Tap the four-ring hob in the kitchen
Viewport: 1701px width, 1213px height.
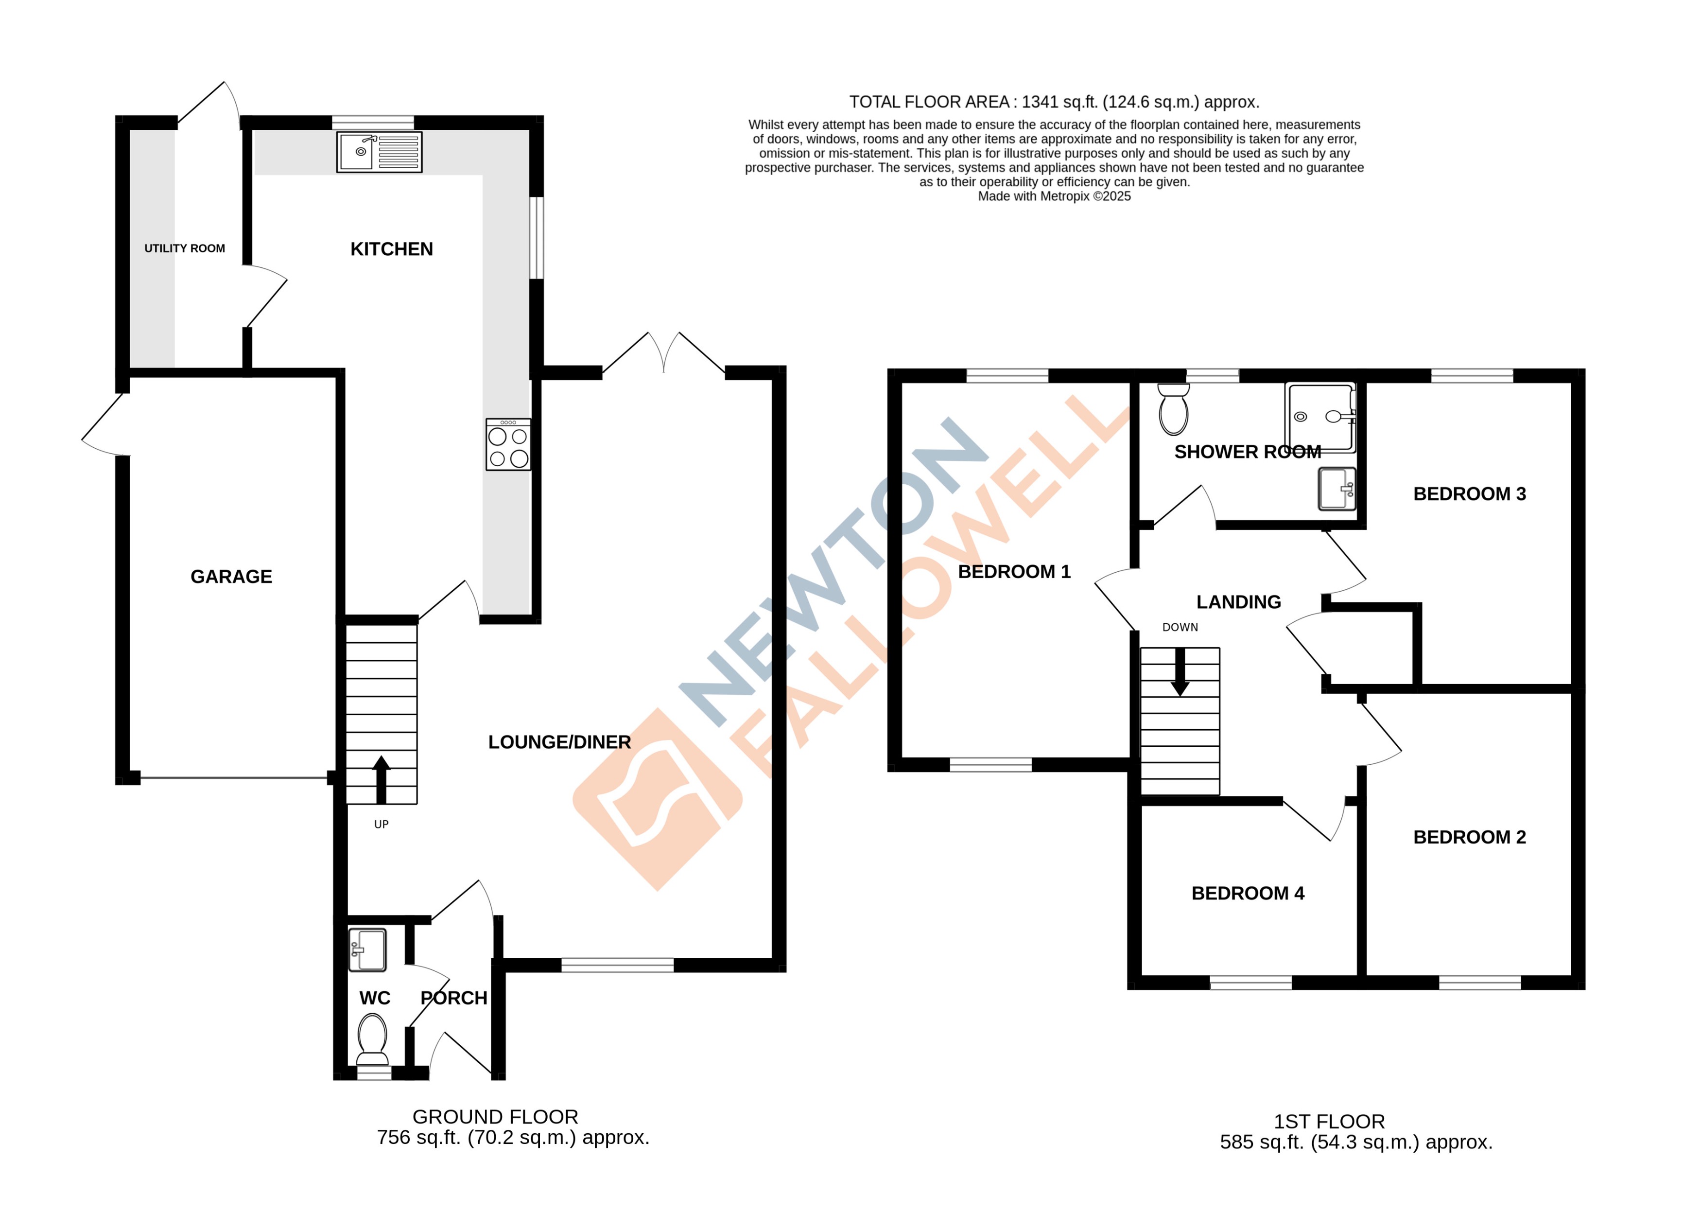(x=508, y=444)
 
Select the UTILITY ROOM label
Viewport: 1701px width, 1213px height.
(x=184, y=248)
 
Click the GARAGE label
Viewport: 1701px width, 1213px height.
(x=231, y=576)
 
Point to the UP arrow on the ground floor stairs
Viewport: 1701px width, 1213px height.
(x=381, y=777)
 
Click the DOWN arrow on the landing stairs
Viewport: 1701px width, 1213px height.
(x=1180, y=671)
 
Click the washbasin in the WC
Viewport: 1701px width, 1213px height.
(x=367, y=949)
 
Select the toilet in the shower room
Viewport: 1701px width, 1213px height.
(x=1173, y=409)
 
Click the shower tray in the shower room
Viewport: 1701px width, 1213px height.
(x=1319, y=417)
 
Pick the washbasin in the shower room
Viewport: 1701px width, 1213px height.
(x=1336, y=489)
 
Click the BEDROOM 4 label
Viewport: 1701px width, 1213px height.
(x=1247, y=893)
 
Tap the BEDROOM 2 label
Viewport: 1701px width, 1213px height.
(x=1469, y=837)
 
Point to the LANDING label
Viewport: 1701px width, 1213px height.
(x=1238, y=601)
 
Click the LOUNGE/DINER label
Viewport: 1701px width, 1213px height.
(x=559, y=742)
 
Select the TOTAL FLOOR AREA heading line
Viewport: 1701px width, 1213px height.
(x=1054, y=102)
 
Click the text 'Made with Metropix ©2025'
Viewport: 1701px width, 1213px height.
(x=1054, y=196)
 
